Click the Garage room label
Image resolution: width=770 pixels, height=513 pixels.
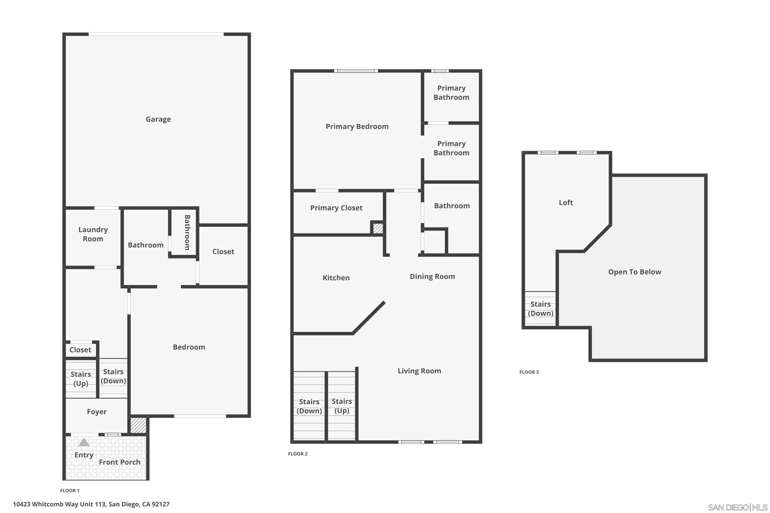coord(158,119)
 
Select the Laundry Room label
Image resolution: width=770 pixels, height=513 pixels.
coord(93,234)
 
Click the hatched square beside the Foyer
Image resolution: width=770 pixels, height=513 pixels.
coord(138,425)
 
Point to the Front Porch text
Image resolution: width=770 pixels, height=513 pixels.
coord(120,462)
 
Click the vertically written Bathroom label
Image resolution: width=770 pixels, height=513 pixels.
coord(187,232)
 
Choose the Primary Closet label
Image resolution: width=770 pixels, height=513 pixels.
coord(336,208)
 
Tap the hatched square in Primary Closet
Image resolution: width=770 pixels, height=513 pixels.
coord(378,228)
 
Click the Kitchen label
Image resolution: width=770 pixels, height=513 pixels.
coord(336,278)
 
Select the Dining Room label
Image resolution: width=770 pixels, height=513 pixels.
coord(432,277)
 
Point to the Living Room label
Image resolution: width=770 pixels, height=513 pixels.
coord(419,371)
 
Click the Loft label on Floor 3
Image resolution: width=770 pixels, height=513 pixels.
coord(566,203)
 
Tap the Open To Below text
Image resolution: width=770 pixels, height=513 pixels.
coord(634,272)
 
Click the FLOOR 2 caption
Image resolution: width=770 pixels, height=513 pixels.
coord(297,454)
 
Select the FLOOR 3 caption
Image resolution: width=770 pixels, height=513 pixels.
coord(529,372)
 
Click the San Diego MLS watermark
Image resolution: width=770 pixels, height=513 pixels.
coord(738,507)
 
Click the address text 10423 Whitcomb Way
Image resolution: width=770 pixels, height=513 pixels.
coord(91,504)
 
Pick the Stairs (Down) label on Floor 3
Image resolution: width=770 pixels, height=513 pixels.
coord(540,309)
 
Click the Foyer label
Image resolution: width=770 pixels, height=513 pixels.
coord(97,412)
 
